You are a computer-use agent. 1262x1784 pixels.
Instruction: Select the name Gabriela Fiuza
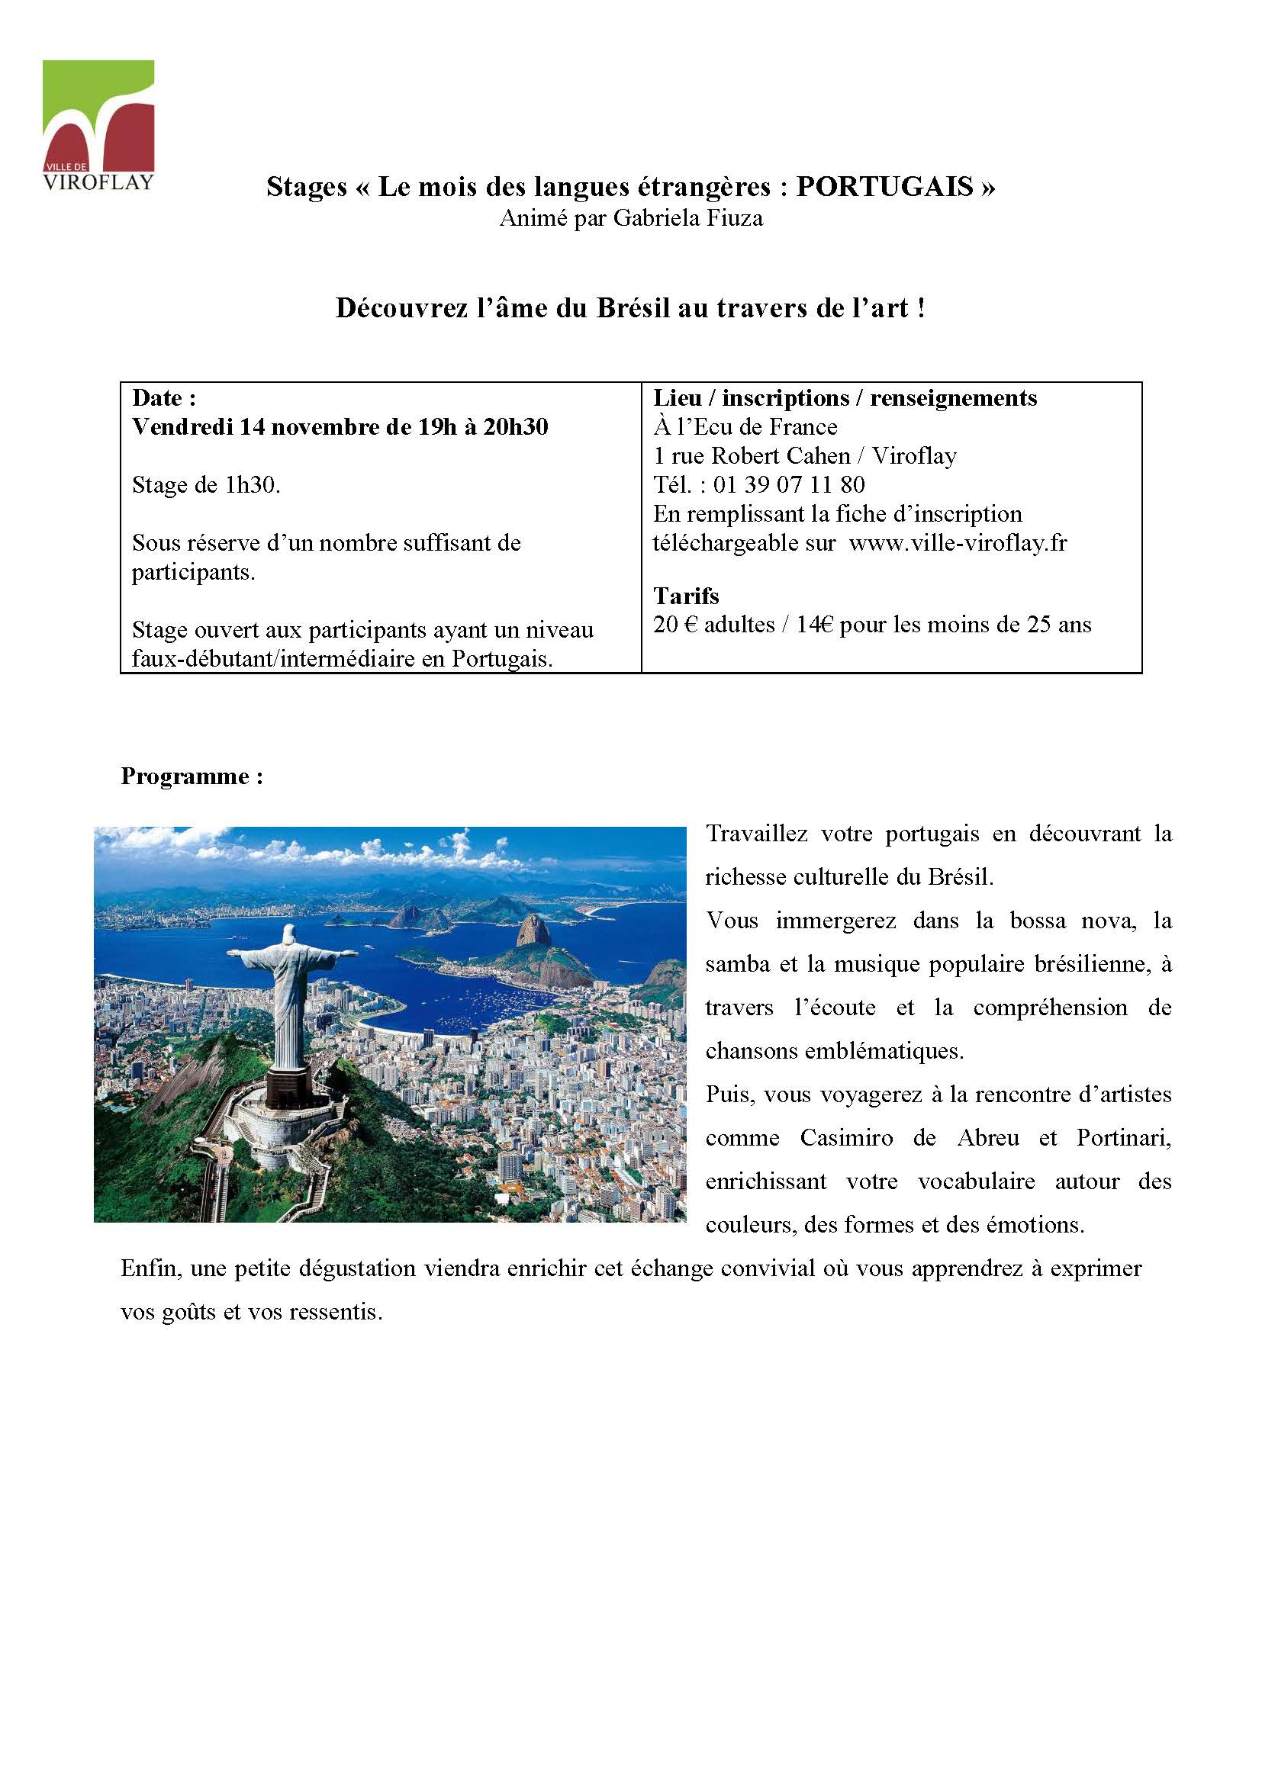click(x=688, y=219)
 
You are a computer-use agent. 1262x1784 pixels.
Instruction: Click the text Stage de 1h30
click(x=206, y=485)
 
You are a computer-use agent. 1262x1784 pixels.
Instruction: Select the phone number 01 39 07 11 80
click(x=789, y=485)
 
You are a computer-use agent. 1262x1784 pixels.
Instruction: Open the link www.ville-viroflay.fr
click(x=958, y=543)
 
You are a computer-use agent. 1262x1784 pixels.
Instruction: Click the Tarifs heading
click(x=685, y=596)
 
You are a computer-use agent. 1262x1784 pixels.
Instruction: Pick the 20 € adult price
click(x=713, y=625)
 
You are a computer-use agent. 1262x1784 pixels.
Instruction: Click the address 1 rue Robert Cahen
click(x=752, y=456)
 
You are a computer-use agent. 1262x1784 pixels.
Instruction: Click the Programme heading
click(x=192, y=776)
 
